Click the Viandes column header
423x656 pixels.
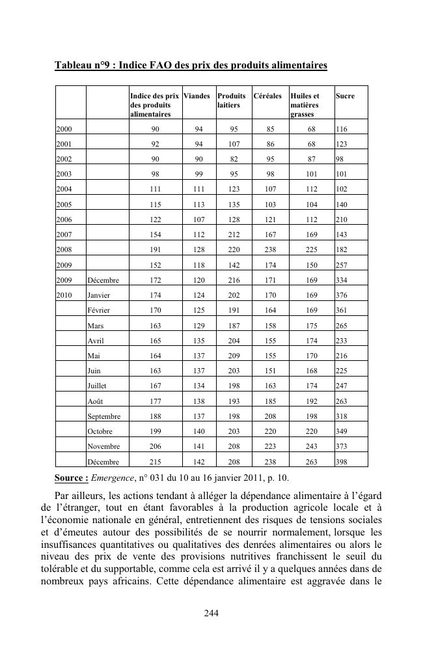click(x=197, y=96)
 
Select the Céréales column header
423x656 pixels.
click(x=267, y=96)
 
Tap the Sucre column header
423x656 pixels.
click(x=345, y=96)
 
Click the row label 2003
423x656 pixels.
click(x=64, y=174)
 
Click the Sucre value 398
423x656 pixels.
click(x=342, y=462)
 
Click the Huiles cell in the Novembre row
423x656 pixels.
click(x=312, y=447)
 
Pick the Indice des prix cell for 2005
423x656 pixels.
click(x=155, y=205)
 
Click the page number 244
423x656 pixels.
click(x=211, y=613)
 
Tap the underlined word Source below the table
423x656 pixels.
click(x=72, y=478)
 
